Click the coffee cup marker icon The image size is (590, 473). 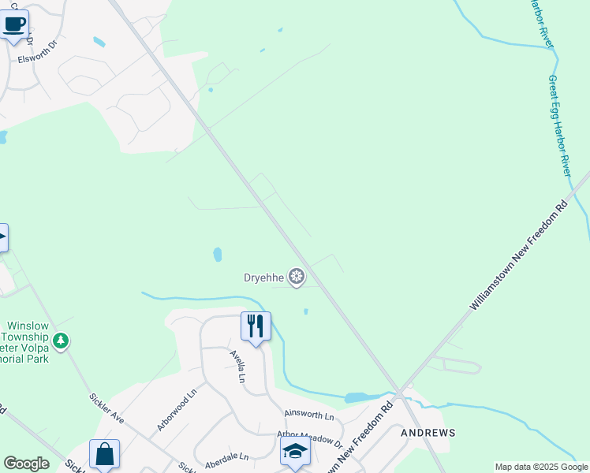[x=14, y=23]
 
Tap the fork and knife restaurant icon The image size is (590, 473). [x=256, y=325]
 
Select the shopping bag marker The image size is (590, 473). [x=104, y=454]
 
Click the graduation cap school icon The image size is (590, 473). [x=295, y=451]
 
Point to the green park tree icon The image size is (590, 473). [x=61, y=341]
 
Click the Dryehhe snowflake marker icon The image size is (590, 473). [x=297, y=276]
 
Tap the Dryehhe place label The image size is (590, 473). [x=263, y=277]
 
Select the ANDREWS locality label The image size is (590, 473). [x=428, y=433]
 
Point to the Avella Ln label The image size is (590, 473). [x=237, y=367]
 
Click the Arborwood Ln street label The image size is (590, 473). [x=176, y=409]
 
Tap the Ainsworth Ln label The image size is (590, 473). [x=309, y=415]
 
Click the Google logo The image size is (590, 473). [x=26, y=464]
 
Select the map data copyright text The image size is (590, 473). [x=540, y=467]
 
